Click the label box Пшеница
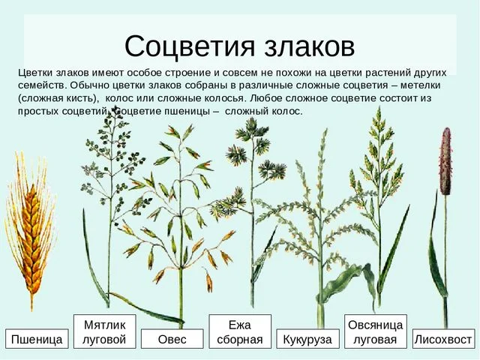point(37,338)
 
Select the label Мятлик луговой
point(105,331)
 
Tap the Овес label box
point(172,338)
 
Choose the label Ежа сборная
point(240,331)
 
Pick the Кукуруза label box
point(307,338)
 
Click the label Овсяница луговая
point(376,331)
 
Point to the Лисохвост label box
point(443,338)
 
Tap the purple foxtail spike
point(445,162)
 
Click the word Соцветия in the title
point(190,46)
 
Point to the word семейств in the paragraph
point(41,85)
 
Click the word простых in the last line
point(38,111)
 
